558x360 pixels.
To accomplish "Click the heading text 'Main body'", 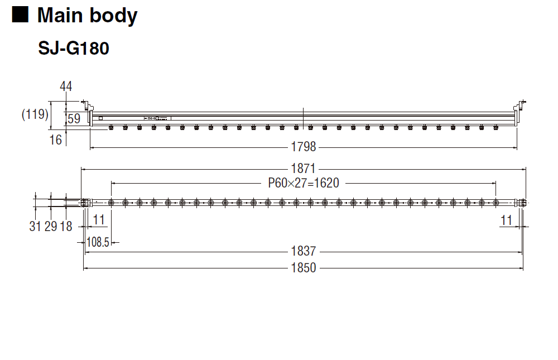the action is pos(87,16).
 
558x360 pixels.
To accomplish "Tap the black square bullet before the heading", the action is pos(20,15).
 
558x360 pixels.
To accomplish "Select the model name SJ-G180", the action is pos(74,49).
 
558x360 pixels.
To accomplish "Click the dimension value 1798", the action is pos(304,147).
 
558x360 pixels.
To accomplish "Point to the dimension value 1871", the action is pos(304,169).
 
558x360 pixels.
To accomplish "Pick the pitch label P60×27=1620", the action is pos(304,183).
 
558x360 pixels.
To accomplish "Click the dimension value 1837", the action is pos(304,251).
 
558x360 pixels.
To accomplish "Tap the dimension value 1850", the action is pos(304,268).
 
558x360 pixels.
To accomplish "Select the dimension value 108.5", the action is pos(98,242).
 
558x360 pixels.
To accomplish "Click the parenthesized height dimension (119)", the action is pos(35,114).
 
